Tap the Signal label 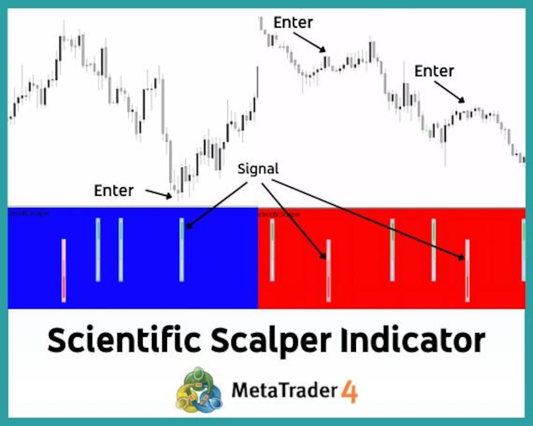coord(258,169)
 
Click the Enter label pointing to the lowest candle coord(114,190)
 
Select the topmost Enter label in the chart coord(293,23)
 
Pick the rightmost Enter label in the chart coord(434,71)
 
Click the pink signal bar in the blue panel coord(64,270)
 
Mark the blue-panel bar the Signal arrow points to coord(182,249)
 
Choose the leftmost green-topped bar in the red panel coord(272,250)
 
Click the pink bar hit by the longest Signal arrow coord(467,270)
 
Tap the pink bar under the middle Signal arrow coord(329,270)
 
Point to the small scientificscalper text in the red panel coord(279,214)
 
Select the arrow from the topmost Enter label coord(309,41)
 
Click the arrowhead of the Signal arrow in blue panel coord(188,226)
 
